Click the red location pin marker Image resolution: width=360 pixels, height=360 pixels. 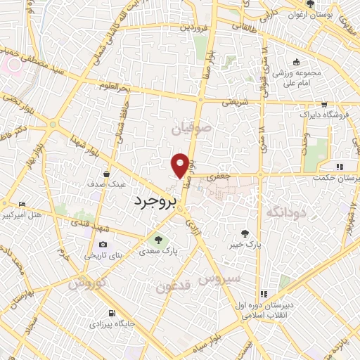click(181, 165)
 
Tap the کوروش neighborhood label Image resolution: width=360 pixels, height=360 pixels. click(86, 284)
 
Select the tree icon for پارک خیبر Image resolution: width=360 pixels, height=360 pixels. click(245, 233)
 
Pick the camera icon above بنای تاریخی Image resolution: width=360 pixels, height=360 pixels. click(103, 245)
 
